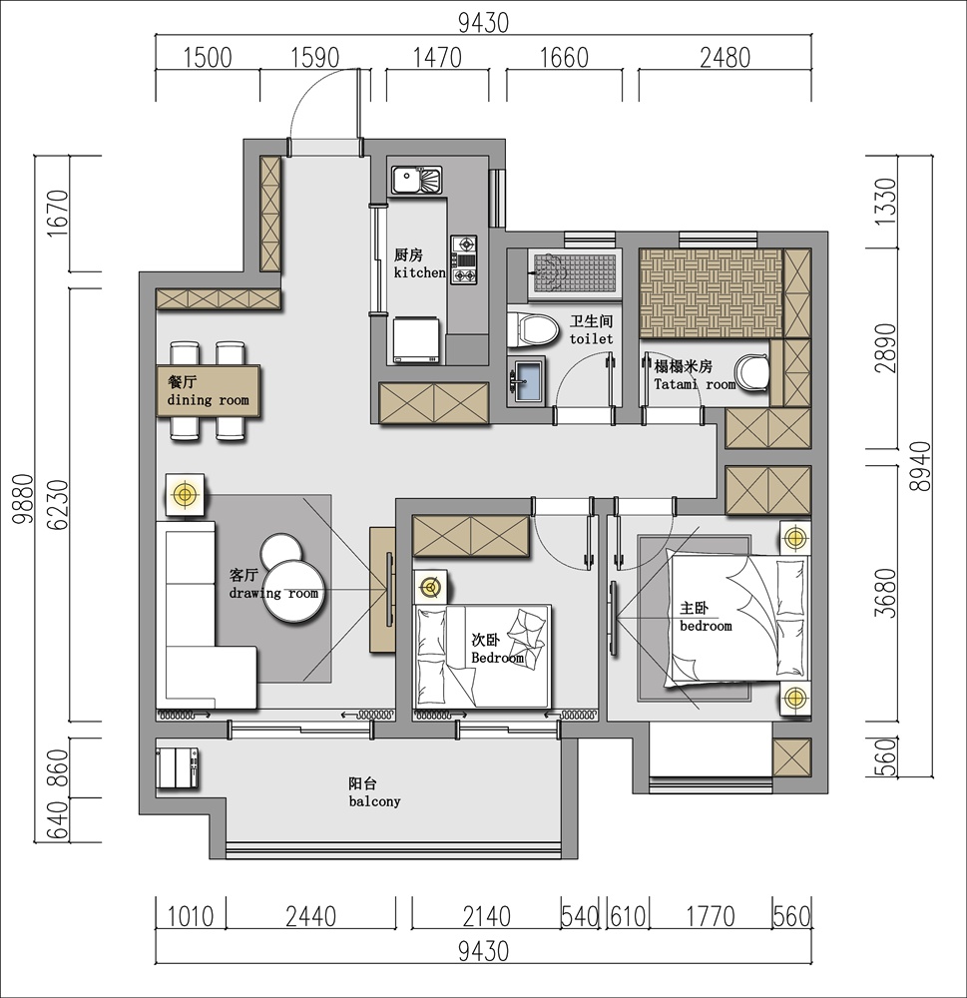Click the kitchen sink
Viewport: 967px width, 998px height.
[x=416, y=180]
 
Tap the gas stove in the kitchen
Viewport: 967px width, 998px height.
[x=464, y=259]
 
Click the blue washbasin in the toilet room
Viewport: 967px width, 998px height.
[x=527, y=381]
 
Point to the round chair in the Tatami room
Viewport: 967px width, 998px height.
[x=751, y=372]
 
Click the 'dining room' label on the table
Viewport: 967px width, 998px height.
[x=209, y=400]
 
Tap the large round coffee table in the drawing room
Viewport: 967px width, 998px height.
[x=295, y=591]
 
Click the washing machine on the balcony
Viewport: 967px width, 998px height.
[x=179, y=767]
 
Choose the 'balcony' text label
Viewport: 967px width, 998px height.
[x=374, y=802]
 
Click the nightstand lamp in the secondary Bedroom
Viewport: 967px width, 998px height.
[x=431, y=587]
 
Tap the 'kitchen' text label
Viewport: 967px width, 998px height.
[x=419, y=272]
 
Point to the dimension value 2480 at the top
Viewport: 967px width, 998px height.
[x=725, y=58]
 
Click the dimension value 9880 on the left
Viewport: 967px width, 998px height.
[x=24, y=498]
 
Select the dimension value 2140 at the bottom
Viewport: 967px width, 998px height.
[x=486, y=916]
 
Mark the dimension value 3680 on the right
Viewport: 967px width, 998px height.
[x=885, y=593]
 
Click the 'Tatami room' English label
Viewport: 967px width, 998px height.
[x=695, y=384]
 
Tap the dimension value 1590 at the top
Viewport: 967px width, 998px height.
[x=314, y=58]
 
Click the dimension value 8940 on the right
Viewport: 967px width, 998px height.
[x=920, y=466]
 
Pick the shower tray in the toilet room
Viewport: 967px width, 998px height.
[x=574, y=274]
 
